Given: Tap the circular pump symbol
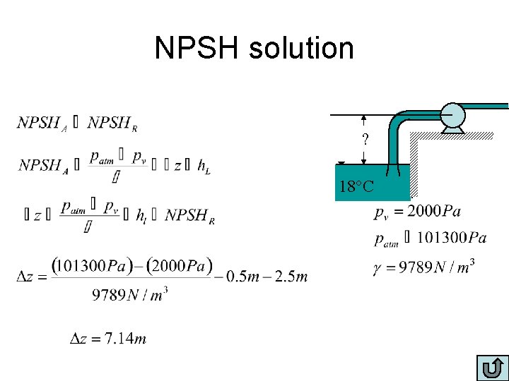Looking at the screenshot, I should pyautogui.click(x=452, y=114).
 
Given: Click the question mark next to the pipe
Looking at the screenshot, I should pyautogui.click(x=365, y=140).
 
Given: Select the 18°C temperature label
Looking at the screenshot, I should pyautogui.click(x=361, y=187).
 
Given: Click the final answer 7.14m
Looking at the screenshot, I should pyautogui.click(x=125, y=339).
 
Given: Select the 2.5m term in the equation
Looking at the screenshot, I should pyautogui.click(x=291, y=276).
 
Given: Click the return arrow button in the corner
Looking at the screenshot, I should pyautogui.click(x=493, y=368).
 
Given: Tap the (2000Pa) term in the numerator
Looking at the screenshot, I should pyautogui.click(x=180, y=266).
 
